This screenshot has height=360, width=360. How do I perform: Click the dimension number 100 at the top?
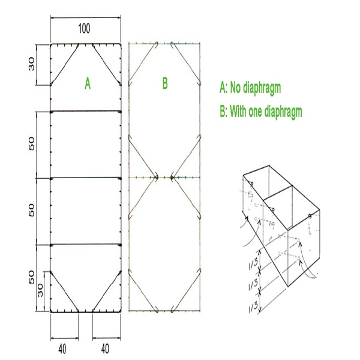(x=84, y=29)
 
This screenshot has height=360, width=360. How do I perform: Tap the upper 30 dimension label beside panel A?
(x=31, y=64)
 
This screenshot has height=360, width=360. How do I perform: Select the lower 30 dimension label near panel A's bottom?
(x=40, y=290)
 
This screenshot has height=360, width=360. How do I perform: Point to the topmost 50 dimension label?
(x=31, y=144)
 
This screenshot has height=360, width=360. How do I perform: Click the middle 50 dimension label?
(x=31, y=211)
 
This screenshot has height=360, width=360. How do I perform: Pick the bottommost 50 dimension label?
(x=31, y=277)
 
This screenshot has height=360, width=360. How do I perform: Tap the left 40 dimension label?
(x=62, y=349)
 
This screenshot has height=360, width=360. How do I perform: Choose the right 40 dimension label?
(x=105, y=349)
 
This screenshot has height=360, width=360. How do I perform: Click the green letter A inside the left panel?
(x=88, y=83)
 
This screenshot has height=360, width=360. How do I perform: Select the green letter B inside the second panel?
(x=165, y=83)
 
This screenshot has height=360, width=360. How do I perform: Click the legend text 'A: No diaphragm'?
(x=250, y=88)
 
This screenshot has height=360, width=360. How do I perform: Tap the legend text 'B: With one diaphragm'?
(x=261, y=112)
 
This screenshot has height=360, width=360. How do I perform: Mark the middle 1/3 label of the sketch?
(x=253, y=284)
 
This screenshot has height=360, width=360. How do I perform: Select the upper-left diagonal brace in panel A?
(x=65, y=65)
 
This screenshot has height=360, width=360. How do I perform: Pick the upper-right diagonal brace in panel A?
(x=107, y=65)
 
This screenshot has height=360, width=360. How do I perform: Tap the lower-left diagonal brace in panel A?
(x=65, y=292)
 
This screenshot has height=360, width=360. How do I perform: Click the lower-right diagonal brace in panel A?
(x=107, y=292)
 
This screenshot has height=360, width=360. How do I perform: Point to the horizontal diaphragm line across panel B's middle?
(x=164, y=177)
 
